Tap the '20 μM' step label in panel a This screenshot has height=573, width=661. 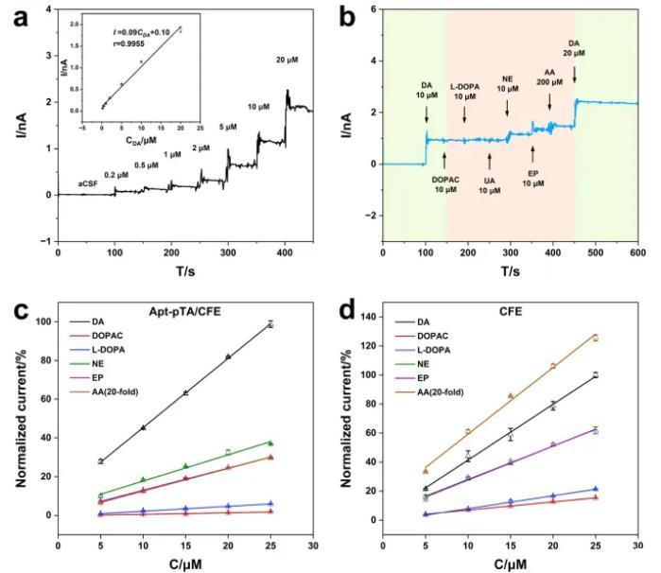point(287,61)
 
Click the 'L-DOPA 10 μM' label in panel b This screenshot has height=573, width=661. point(464,93)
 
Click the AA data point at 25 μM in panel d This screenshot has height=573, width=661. point(596,338)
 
